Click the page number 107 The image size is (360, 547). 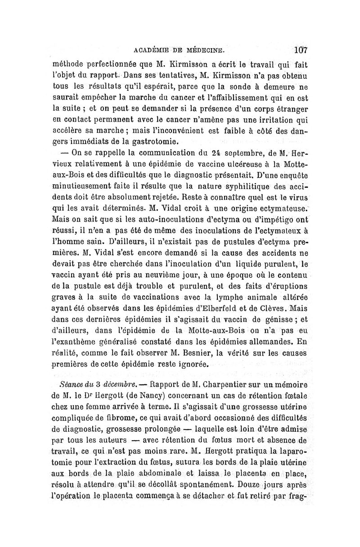(299, 49)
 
